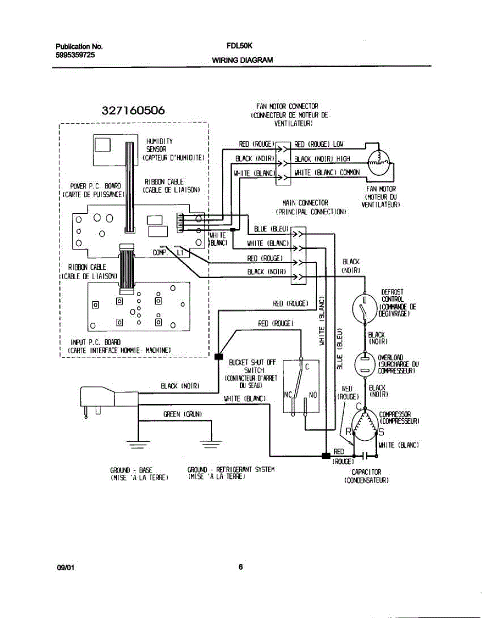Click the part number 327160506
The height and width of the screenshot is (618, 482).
(133, 111)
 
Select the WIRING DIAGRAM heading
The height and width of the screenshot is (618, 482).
(242, 60)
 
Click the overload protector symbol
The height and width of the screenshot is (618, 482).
(365, 365)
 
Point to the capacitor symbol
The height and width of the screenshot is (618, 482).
(364, 455)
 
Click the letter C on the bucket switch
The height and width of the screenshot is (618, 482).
(307, 367)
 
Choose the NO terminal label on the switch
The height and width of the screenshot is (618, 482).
(313, 395)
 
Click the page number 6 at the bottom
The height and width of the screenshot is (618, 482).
(241, 568)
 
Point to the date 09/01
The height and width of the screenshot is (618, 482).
(66, 569)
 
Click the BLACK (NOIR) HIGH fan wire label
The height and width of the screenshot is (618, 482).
(322, 159)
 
